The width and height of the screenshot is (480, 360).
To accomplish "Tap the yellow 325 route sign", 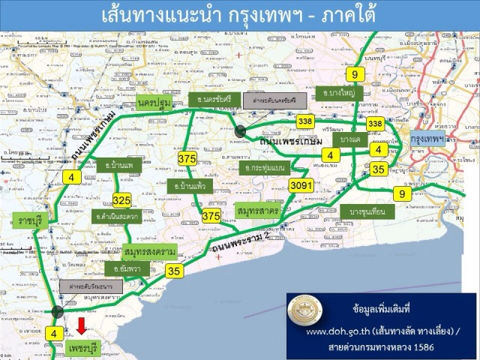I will click(x=122, y=199).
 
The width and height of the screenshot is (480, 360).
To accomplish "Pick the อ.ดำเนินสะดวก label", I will click(x=118, y=217).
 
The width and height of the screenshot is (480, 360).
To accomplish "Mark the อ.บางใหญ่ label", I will click(x=339, y=94).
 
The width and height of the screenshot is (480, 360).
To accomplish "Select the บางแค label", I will click(x=350, y=139).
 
